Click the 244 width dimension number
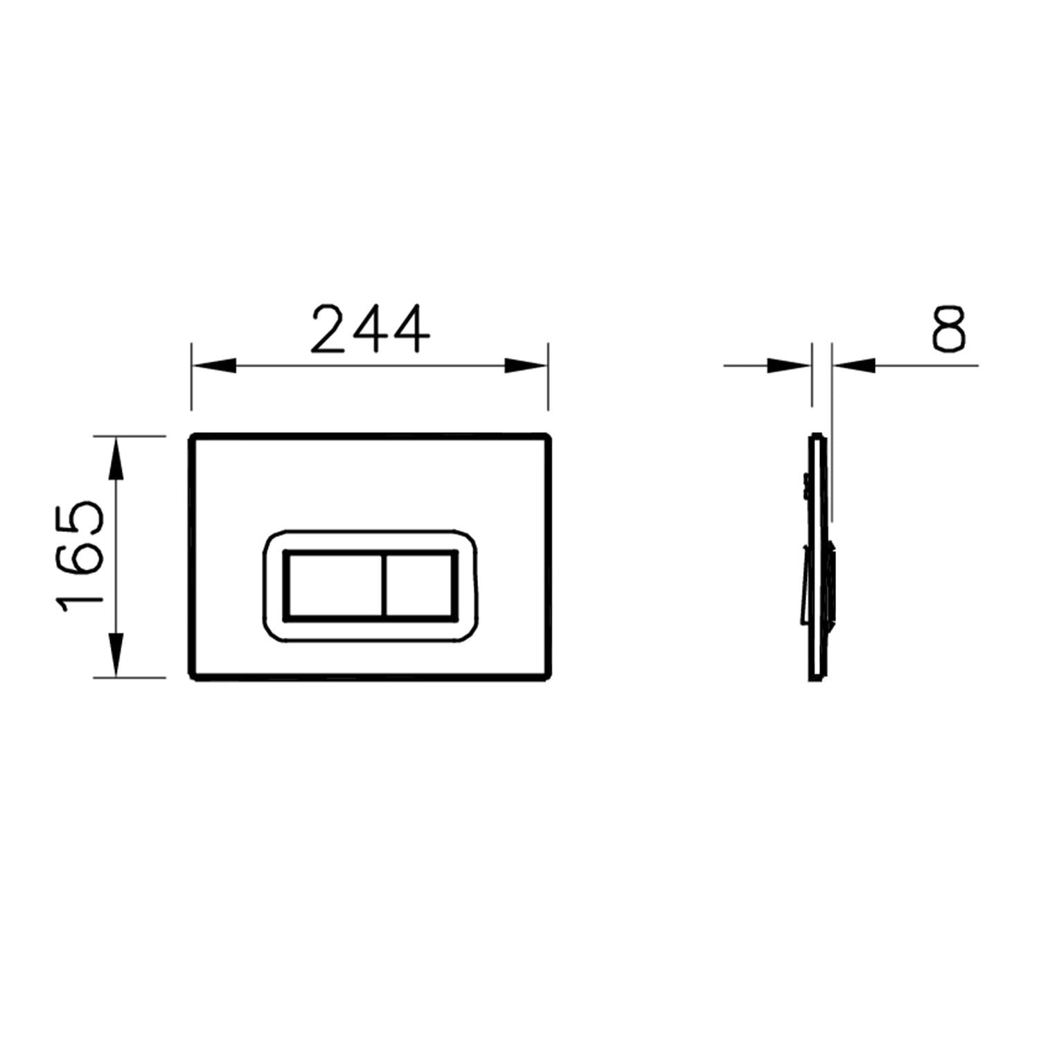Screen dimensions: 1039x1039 [x=370, y=329]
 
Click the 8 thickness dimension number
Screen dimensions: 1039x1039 [x=948, y=329]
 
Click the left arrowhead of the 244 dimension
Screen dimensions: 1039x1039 [x=213, y=365]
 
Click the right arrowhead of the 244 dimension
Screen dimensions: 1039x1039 [x=526, y=365]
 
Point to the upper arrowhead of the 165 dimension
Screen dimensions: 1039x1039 [x=116, y=458]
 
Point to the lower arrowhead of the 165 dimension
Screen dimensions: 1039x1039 [x=116, y=655]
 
